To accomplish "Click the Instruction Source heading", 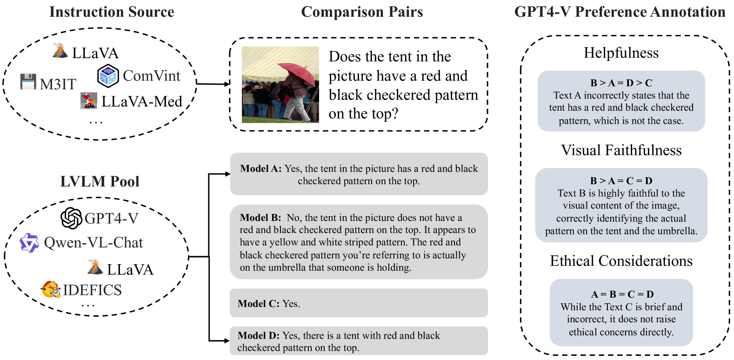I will (112, 12).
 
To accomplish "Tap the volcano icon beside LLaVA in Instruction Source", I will (60, 51).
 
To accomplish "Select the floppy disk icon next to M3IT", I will (28, 82).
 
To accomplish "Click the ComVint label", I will (151, 76).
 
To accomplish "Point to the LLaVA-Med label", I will (141, 101).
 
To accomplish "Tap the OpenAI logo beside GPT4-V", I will (72, 218).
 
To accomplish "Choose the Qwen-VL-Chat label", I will (93, 243).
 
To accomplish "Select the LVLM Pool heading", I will (100, 181).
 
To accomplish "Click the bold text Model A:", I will (260, 169).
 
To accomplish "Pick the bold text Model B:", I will (260, 218).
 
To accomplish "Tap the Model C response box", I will (359, 303).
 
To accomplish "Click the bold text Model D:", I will (259, 335).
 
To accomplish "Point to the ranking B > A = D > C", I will (621, 83).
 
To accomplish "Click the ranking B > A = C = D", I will (621, 180).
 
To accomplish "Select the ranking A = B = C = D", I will (622, 294).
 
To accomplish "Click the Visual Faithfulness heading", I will (621, 150).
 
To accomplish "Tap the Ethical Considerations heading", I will (621, 261).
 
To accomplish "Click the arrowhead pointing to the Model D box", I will (227, 341).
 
